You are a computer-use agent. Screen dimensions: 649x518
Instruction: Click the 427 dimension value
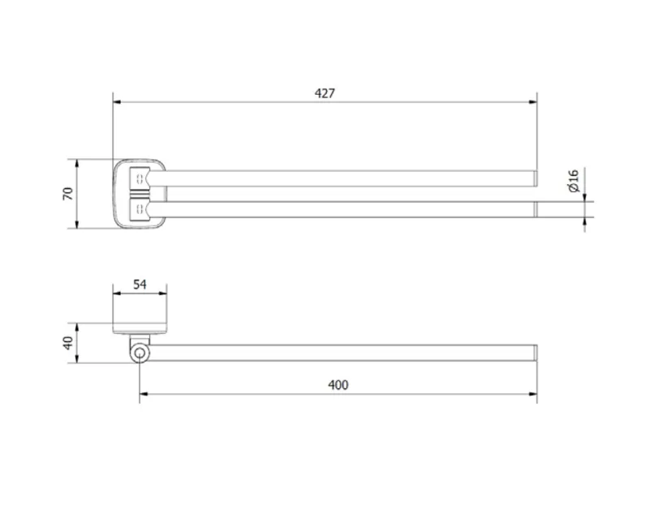[324, 93]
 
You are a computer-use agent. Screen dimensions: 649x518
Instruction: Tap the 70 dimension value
[68, 194]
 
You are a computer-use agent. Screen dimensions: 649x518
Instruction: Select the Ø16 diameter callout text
[574, 181]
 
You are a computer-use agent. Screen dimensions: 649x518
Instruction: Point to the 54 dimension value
[140, 285]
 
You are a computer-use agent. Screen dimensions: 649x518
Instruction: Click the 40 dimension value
[68, 343]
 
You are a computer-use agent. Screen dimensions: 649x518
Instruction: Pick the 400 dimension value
[338, 385]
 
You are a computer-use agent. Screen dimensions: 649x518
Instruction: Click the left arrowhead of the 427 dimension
[117, 102]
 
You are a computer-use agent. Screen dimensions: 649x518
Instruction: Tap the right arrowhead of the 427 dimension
[533, 102]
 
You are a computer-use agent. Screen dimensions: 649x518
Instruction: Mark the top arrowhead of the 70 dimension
[77, 163]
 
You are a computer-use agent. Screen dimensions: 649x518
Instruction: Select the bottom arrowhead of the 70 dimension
[77, 225]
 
